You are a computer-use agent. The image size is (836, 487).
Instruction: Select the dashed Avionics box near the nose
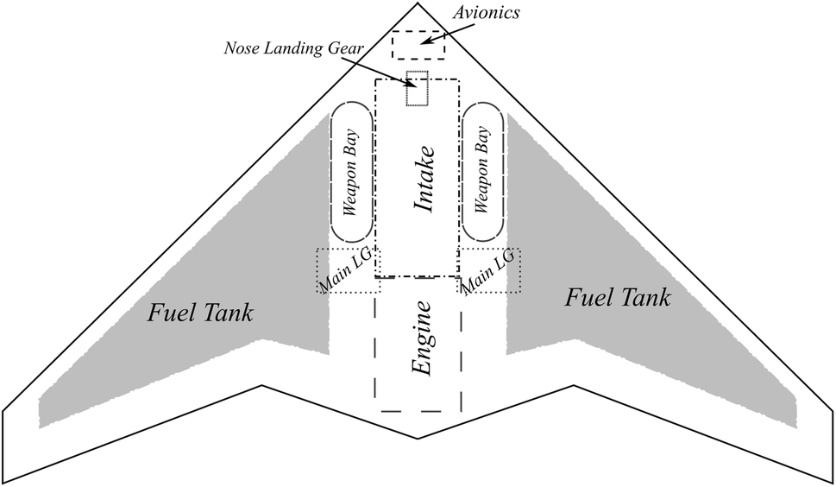point(418,45)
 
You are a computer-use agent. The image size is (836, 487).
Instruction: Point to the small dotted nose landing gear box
point(418,88)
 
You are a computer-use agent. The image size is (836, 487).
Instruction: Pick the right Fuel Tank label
point(618,299)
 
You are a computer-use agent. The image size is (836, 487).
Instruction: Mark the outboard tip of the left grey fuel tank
point(40,414)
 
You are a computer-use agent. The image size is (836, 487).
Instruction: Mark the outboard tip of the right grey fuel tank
point(795,414)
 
